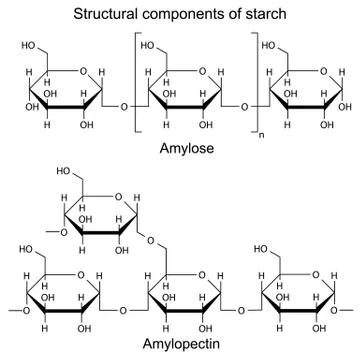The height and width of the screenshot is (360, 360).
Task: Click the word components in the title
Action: pos(187,13)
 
